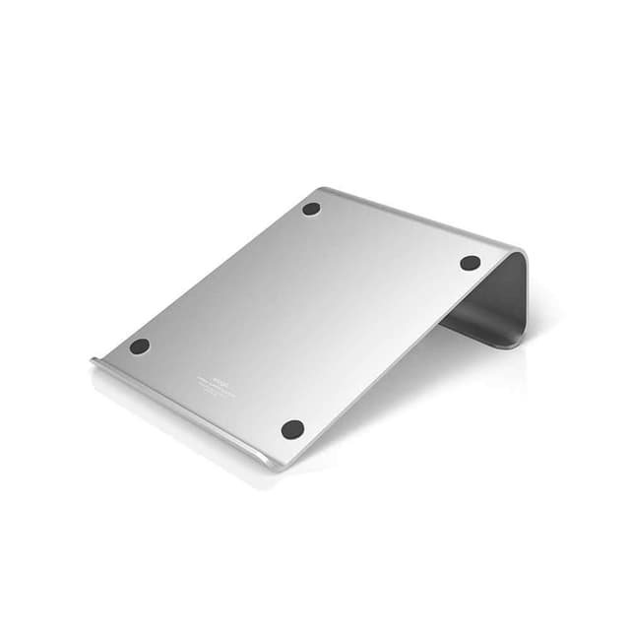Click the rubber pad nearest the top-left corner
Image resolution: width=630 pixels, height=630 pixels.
311,209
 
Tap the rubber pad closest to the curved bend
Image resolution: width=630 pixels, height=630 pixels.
470,263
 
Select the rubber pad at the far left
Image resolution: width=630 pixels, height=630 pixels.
140,346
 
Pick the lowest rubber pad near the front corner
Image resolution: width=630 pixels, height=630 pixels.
292,429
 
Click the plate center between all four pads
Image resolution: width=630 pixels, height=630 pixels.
305,315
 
